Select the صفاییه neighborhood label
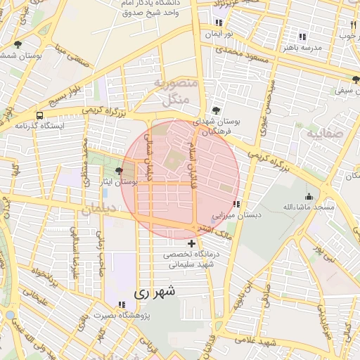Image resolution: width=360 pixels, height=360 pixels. click(x=324, y=131)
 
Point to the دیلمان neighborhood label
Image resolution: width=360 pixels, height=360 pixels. click(x=97, y=209)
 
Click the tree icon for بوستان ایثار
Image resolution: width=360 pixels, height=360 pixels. click(x=119, y=171)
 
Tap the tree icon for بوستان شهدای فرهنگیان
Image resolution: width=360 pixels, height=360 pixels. click(x=216, y=110)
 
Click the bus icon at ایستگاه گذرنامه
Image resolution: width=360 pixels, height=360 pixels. click(x=39, y=115)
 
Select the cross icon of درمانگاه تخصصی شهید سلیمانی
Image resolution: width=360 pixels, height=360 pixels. click(x=191, y=243)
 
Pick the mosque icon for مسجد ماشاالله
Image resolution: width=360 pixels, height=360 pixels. click(x=308, y=197)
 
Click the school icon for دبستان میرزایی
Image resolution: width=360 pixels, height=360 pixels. click(x=235, y=205)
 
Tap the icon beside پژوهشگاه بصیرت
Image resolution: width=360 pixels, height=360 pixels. click(x=122, y=304)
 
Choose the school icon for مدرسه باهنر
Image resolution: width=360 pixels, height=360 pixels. click(x=302, y=37)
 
